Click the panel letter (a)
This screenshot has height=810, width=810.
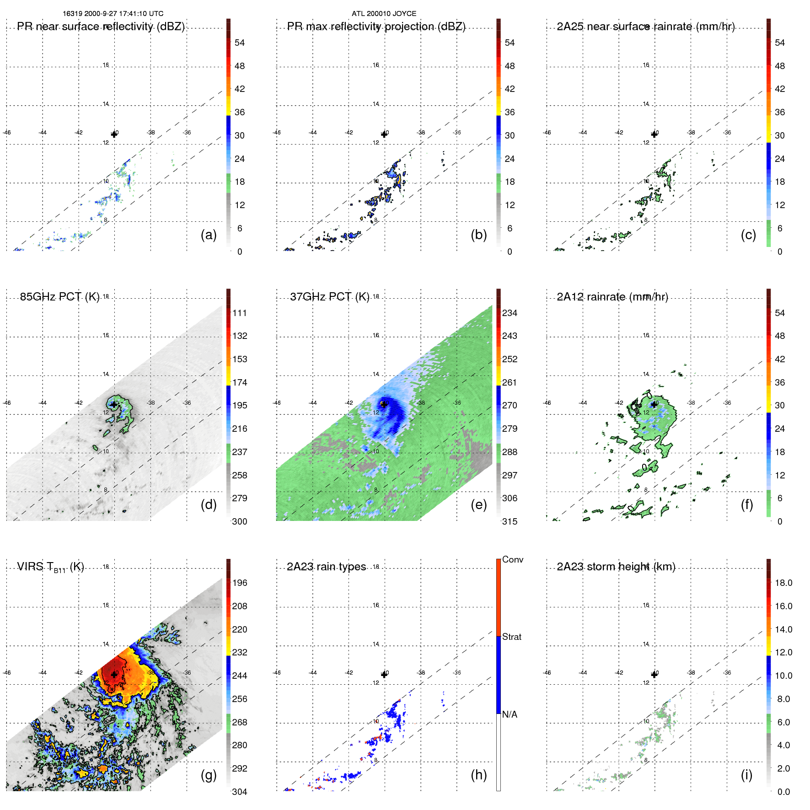209,235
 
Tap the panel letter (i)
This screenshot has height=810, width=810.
746,775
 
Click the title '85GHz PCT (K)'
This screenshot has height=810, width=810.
59,296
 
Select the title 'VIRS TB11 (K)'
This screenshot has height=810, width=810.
50,567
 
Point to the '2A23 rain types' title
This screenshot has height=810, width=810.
326,567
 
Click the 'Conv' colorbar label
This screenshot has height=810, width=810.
512,559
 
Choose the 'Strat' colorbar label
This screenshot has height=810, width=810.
511,637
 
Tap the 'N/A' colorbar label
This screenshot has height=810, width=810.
510,714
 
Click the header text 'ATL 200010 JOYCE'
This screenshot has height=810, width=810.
384,14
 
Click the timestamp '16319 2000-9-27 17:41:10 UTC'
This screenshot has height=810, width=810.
113,14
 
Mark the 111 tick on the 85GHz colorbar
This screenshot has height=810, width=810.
239,313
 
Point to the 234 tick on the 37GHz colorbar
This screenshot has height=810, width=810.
510,313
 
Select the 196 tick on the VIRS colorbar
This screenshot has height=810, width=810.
239,583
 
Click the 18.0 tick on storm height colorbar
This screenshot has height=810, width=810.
783,583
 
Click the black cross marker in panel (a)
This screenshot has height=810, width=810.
114,134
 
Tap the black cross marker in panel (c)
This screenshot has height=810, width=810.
654,134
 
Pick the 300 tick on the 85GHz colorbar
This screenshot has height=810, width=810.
239,521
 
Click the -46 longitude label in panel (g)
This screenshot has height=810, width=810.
6,673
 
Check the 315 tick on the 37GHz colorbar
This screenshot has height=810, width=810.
510,521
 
